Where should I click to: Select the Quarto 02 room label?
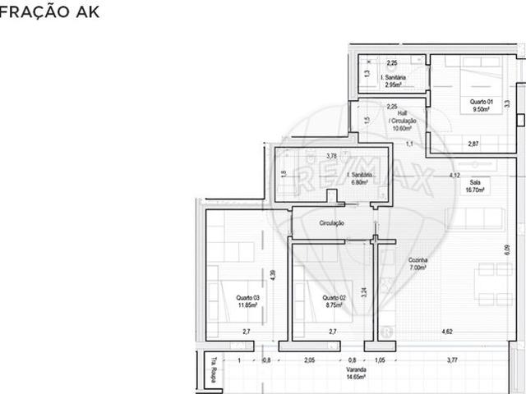point(332,300)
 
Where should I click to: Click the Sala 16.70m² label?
point(475,186)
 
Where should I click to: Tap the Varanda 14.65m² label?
point(356,373)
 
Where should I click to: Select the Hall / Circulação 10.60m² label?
point(403,121)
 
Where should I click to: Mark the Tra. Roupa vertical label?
point(214,364)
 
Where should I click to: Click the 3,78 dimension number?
point(331,156)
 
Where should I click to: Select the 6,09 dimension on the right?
point(506,253)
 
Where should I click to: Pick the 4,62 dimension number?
point(447,331)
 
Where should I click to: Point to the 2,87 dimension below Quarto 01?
point(473,144)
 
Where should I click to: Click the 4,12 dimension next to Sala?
point(454,175)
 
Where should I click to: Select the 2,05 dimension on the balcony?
point(308,360)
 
